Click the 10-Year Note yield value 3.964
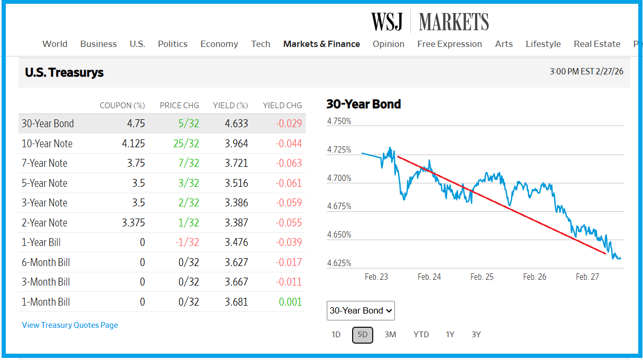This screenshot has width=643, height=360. click(x=236, y=144)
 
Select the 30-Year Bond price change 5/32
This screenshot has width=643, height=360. click(x=188, y=124)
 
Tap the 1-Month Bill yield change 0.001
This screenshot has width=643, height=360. click(x=291, y=302)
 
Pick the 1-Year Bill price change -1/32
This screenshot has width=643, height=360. click(x=187, y=242)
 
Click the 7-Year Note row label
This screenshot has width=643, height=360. click(x=44, y=163)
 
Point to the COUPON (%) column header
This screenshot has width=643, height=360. click(x=122, y=106)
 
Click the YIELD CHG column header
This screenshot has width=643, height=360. click(x=282, y=106)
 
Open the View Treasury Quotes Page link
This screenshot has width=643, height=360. click(x=70, y=325)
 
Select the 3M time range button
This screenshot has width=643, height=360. click(x=390, y=334)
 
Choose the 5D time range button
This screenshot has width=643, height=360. click(x=363, y=335)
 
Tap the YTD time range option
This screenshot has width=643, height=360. click(x=421, y=334)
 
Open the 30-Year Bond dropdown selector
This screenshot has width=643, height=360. click(x=361, y=310)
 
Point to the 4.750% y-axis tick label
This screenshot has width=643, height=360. click(x=339, y=121)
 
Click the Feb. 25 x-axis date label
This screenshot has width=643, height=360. click(x=481, y=277)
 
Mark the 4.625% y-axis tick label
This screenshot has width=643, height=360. click(x=339, y=263)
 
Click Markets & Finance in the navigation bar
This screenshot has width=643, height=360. click(x=321, y=44)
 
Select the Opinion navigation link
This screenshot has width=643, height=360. click(x=389, y=44)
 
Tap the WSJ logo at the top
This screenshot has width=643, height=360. click(x=387, y=22)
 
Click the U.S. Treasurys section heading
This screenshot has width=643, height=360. click(x=64, y=72)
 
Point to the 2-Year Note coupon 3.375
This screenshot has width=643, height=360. click(x=133, y=223)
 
